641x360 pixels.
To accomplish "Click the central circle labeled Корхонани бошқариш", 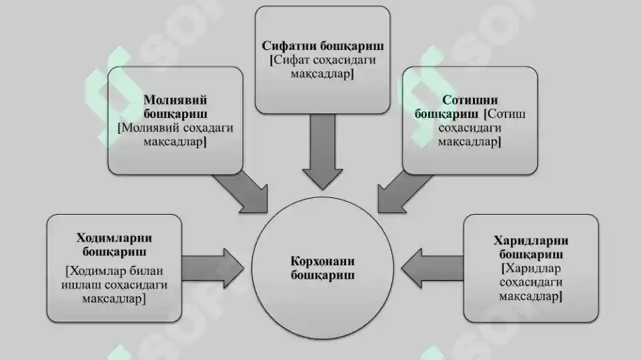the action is click(323, 268).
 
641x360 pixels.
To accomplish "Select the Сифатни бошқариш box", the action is click(323, 59).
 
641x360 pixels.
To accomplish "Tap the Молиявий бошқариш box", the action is click(175, 121).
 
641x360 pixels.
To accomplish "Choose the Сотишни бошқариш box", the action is click(470, 121).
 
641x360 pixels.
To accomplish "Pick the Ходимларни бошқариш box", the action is click(114, 269).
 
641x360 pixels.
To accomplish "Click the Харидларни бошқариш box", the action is click(531, 269).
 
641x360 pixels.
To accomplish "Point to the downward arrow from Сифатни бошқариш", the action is click(323, 152).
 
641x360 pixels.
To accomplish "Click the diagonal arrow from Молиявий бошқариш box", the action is click(242, 193).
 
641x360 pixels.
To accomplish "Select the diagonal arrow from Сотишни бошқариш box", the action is click(404, 193).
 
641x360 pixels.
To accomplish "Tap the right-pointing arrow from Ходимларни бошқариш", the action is click(213, 269).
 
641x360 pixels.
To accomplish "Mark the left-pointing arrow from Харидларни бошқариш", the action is click(432, 269).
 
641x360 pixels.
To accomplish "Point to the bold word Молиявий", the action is click(175, 100).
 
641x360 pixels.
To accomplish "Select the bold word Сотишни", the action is click(470, 100).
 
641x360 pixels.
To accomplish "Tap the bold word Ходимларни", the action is click(114, 238).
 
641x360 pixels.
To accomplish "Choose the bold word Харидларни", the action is click(531, 240).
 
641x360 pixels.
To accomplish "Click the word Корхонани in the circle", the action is click(323, 261).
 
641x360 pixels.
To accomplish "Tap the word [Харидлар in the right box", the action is click(531, 268).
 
